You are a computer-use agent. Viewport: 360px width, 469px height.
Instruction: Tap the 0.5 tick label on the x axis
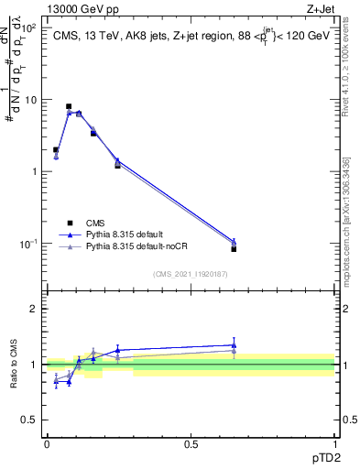tap(191, 444)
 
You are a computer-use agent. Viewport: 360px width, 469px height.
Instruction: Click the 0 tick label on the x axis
tap(47, 444)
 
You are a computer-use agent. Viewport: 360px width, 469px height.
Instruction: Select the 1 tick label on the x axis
tap(334, 444)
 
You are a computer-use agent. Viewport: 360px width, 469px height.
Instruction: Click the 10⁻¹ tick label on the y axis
tap(30, 244)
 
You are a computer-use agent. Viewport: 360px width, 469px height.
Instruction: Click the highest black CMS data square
tap(69, 106)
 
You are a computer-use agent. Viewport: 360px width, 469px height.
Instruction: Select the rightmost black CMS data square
tap(234, 249)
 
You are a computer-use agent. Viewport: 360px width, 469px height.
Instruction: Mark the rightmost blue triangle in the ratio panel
tap(234, 345)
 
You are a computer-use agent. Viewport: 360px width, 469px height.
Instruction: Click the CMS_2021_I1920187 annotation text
tap(191, 274)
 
